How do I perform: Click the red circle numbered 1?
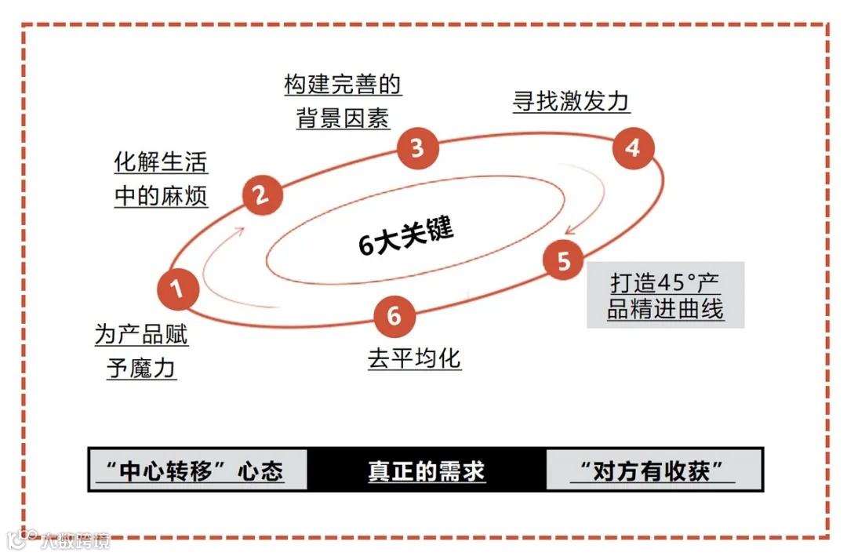click(177, 289)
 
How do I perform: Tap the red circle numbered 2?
click(263, 195)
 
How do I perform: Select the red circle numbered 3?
click(417, 147)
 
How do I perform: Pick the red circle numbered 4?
click(632, 147)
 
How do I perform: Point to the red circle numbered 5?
click(564, 261)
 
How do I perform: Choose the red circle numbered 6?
click(394, 315)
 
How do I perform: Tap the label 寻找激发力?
click(572, 101)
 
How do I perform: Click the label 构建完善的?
click(343, 84)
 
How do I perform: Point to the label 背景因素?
click(343, 118)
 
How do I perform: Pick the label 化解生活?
click(162, 162)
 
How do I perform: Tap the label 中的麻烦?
click(162, 195)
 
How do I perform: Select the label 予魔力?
click(142, 368)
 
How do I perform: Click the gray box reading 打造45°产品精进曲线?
click(665, 295)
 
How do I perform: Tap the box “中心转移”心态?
click(197, 471)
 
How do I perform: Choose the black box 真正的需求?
click(427, 471)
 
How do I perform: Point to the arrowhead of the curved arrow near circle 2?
click(246, 229)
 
